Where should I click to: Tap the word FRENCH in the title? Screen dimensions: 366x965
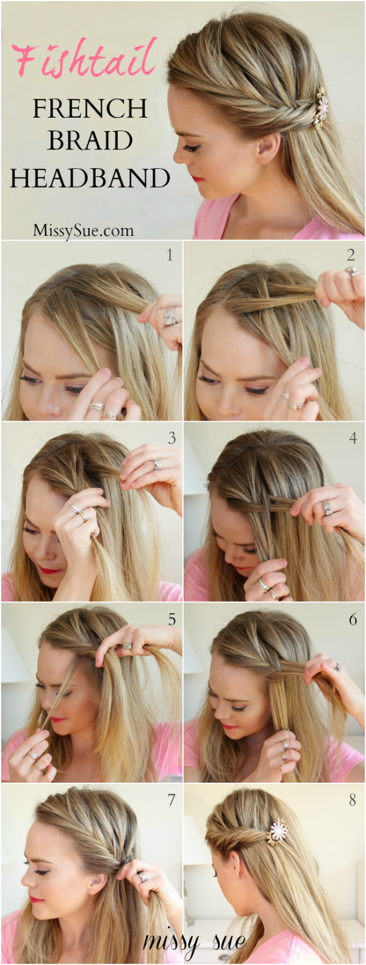[90, 109]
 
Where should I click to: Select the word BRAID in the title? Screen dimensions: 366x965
[90, 140]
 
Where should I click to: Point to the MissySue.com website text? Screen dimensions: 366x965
[83, 230]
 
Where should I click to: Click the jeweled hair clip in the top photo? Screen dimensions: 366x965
[320, 108]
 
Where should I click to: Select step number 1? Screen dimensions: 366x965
[170, 255]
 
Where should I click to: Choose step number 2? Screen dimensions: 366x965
[351, 255]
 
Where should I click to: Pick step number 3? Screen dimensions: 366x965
[171, 438]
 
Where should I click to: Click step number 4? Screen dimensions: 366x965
[353, 438]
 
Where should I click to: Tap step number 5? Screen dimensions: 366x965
[171, 619]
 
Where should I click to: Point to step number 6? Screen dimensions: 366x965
[353, 619]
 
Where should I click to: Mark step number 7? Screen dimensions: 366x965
[171, 800]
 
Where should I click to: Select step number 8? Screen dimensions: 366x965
[353, 800]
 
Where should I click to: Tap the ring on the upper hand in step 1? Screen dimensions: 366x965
[170, 316]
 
